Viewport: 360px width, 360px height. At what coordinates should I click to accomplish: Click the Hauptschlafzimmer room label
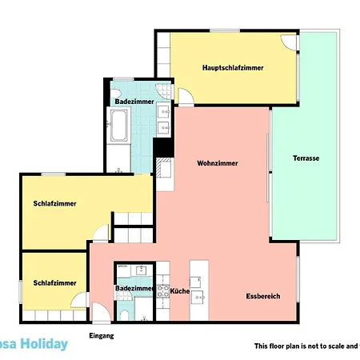click(234, 67)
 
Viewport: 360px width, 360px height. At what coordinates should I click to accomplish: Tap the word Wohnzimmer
click(218, 162)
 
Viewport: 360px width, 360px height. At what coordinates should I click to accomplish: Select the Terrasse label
click(306, 158)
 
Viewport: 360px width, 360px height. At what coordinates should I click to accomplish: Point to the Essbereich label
click(263, 296)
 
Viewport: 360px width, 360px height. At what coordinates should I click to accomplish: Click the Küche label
click(180, 291)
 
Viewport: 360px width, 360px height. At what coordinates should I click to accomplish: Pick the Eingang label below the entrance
click(102, 336)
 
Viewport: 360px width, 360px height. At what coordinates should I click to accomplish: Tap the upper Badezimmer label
click(133, 102)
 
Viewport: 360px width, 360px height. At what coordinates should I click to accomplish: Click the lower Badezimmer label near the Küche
click(134, 288)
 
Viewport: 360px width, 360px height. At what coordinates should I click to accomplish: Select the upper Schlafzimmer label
click(55, 203)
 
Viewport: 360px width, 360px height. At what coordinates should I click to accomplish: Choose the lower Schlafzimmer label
click(55, 282)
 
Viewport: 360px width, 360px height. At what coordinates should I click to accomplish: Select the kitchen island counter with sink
click(199, 288)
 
